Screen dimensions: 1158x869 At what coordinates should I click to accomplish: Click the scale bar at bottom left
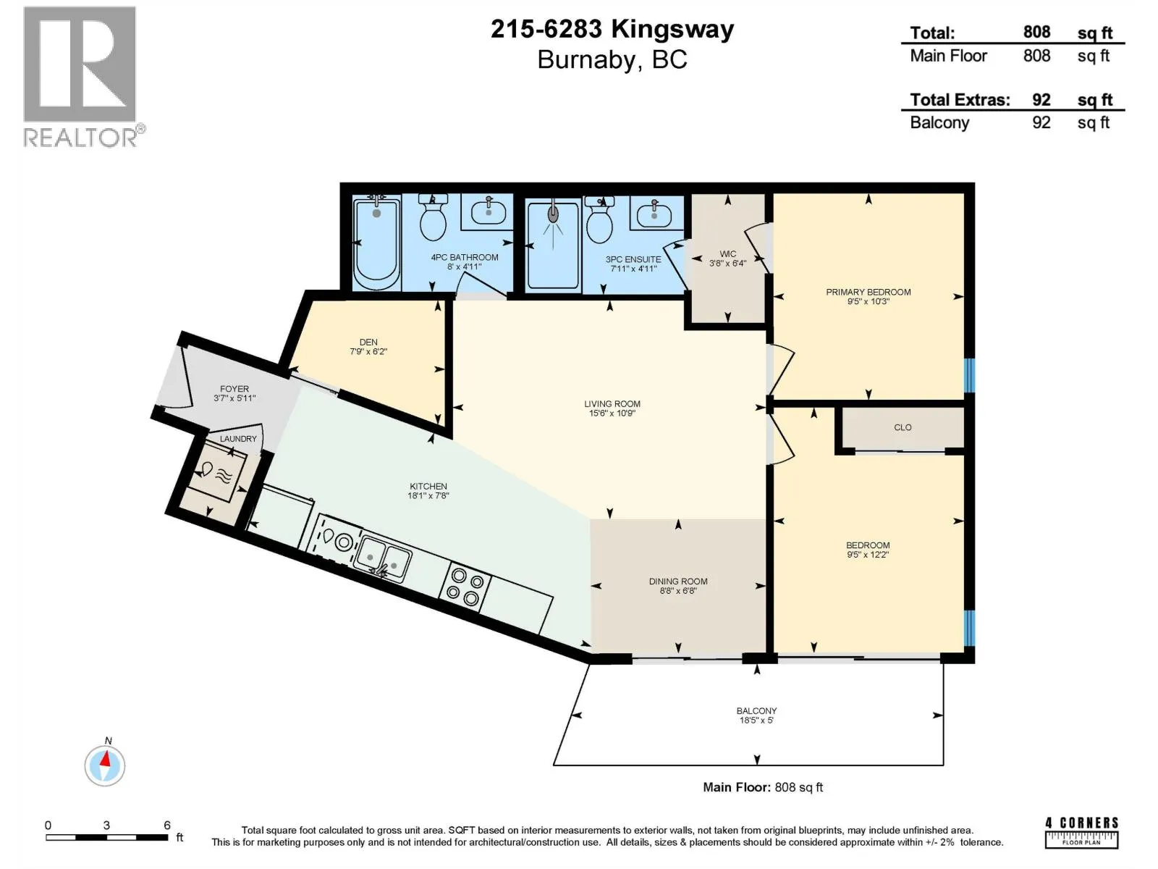pyautogui.click(x=107, y=837)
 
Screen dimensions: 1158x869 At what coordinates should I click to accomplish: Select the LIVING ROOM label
pyautogui.click(x=612, y=403)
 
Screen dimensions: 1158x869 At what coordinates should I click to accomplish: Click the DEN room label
pyautogui.click(x=368, y=342)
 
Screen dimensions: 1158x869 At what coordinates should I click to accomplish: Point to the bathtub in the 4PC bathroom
pyautogui.click(x=376, y=242)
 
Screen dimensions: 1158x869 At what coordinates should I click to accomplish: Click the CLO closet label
pyautogui.click(x=903, y=427)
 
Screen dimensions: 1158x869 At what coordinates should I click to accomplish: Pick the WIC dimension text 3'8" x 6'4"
pyautogui.click(x=727, y=263)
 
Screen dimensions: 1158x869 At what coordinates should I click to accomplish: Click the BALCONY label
pyautogui.click(x=756, y=710)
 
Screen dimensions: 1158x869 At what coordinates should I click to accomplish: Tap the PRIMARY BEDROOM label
pyautogui.click(x=868, y=292)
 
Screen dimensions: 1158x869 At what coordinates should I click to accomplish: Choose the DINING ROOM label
pyautogui.click(x=678, y=582)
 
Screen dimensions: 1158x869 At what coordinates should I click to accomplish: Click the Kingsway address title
pyautogui.click(x=612, y=29)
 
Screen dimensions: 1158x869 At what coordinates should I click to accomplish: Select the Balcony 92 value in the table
pyautogui.click(x=1041, y=122)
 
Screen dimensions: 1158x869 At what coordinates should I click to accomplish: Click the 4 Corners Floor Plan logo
pyautogui.click(x=1081, y=832)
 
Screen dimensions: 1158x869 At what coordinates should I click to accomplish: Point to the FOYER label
pyautogui.click(x=234, y=389)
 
